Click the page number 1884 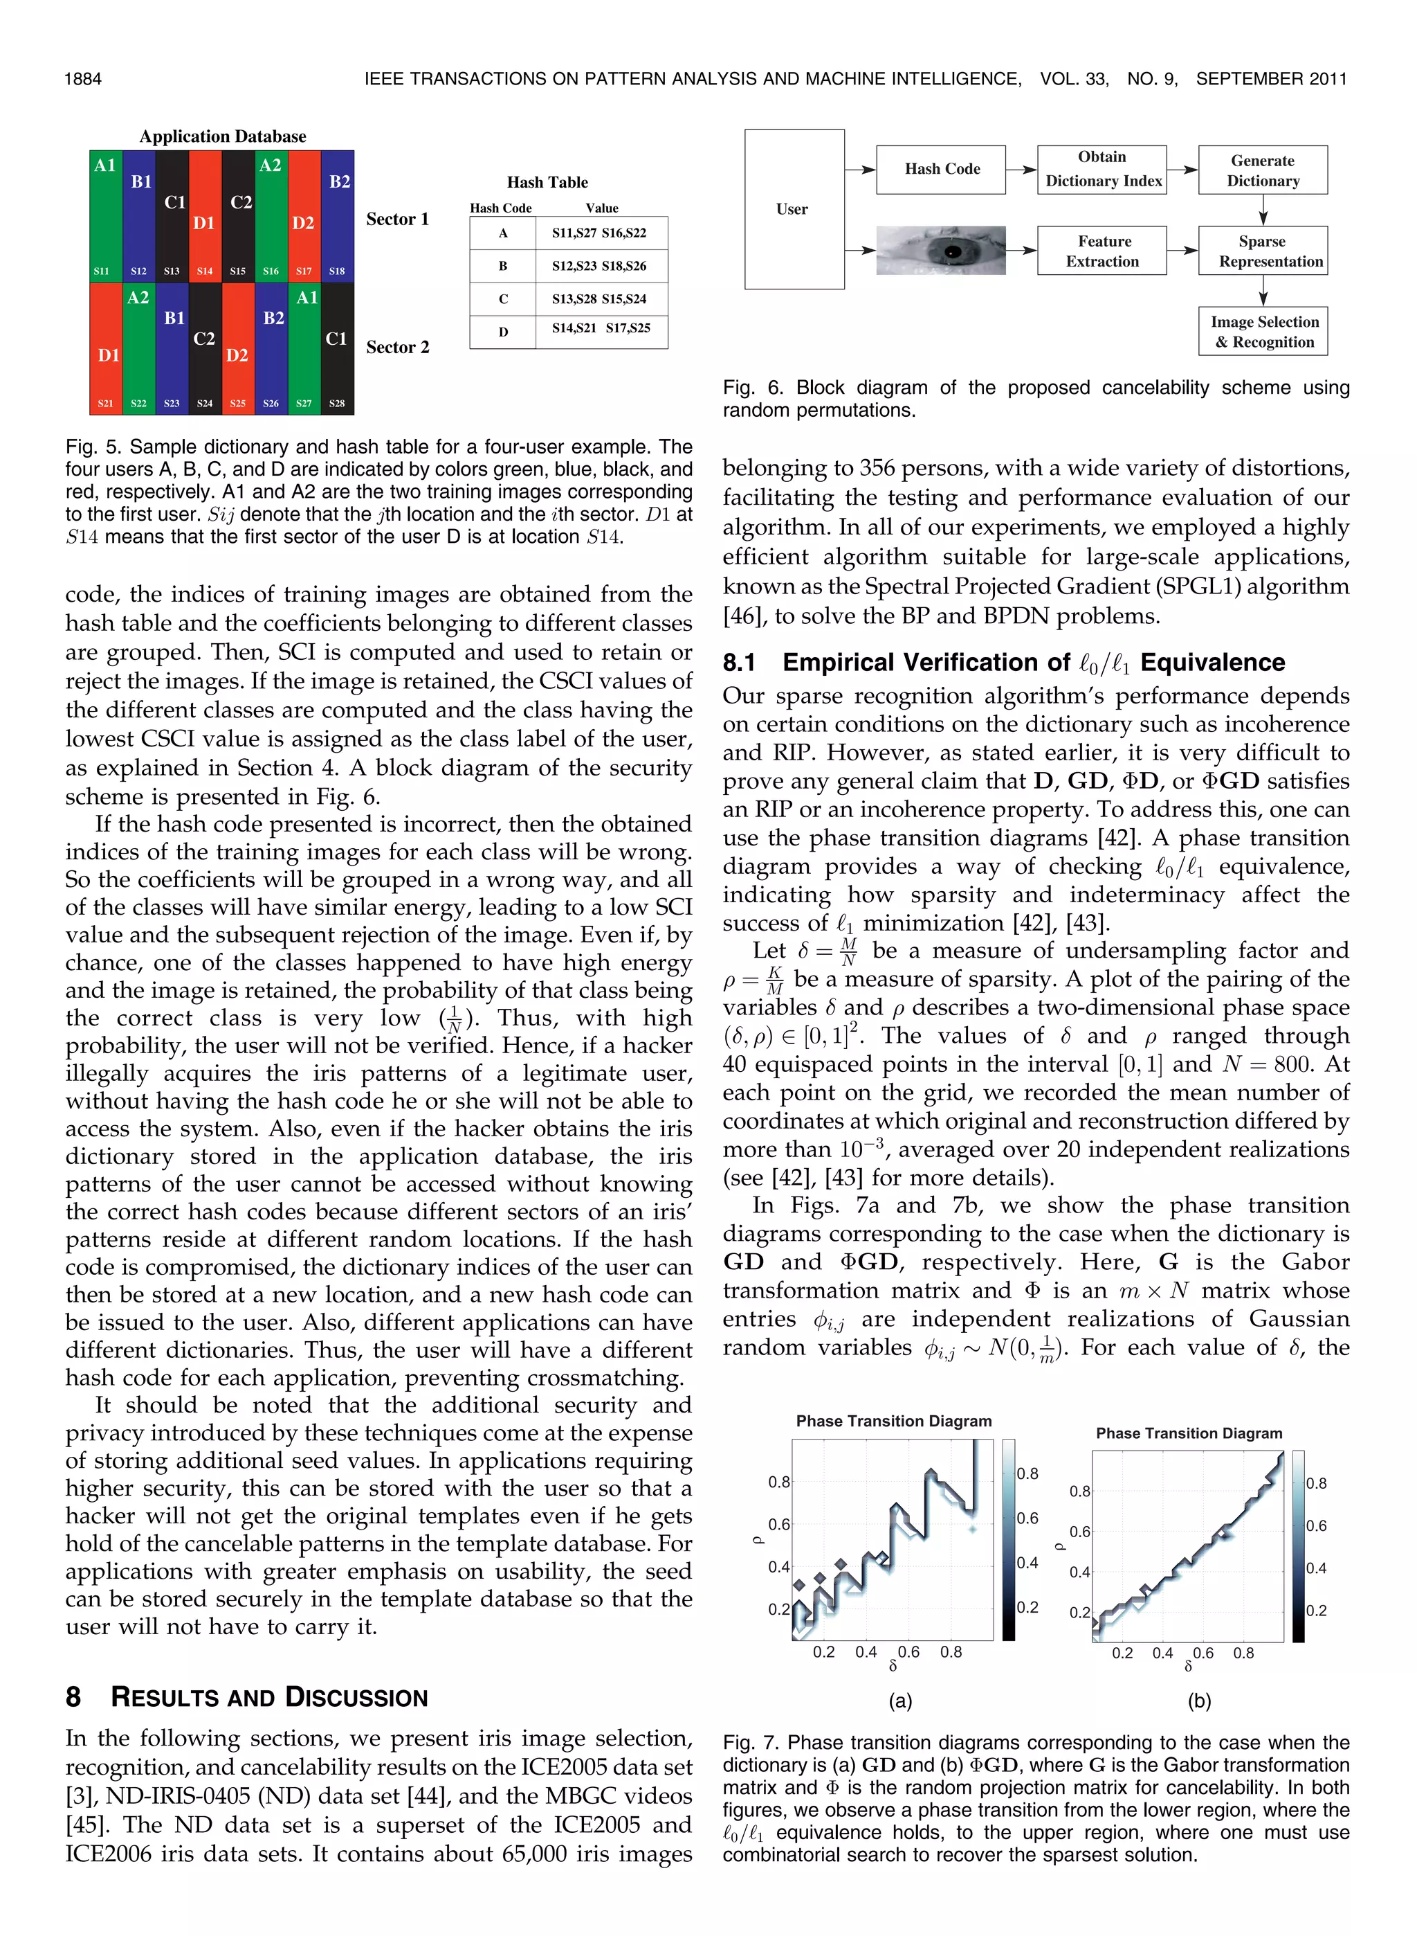pyautogui.click(x=83, y=79)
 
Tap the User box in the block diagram pyautogui.click(x=794, y=208)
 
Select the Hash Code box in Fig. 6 pyautogui.click(x=941, y=169)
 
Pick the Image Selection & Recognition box pyautogui.click(x=1263, y=331)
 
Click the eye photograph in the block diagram pyautogui.click(x=940, y=251)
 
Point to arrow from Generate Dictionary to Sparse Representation pyautogui.click(x=1263, y=210)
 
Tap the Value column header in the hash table pyautogui.click(x=601, y=208)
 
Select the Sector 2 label pyautogui.click(x=397, y=347)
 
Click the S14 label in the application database pyautogui.click(x=204, y=271)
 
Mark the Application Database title pyautogui.click(x=222, y=136)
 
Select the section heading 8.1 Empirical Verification pyautogui.click(x=1003, y=663)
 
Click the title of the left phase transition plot pyautogui.click(x=893, y=1421)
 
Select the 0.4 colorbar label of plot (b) pyautogui.click(x=1316, y=1568)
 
